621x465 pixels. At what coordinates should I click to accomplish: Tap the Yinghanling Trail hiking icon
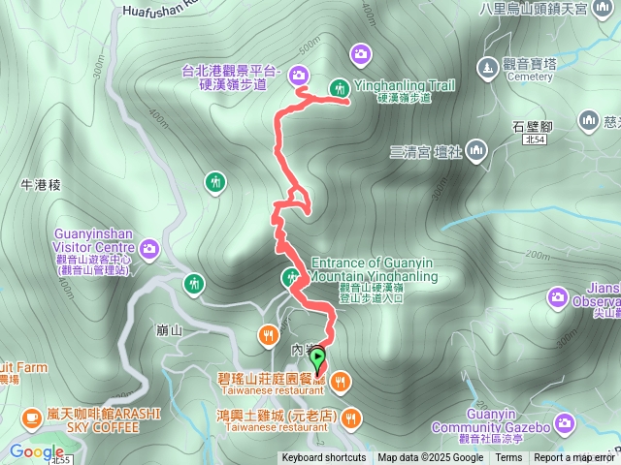[x=340, y=87]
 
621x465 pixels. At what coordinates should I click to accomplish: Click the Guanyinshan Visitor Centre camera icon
[x=149, y=249]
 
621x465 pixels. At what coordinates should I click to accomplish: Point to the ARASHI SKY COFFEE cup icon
[x=31, y=417]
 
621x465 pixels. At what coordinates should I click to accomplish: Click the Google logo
[x=37, y=451]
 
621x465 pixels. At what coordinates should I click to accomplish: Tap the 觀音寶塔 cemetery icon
[x=487, y=67]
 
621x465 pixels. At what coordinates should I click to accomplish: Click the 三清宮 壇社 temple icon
[x=475, y=150]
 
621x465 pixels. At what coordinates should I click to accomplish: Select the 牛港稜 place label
[x=41, y=184]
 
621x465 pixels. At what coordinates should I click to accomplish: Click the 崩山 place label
[x=169, y=330]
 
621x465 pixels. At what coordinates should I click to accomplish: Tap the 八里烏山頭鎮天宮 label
[x=547, y=9]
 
